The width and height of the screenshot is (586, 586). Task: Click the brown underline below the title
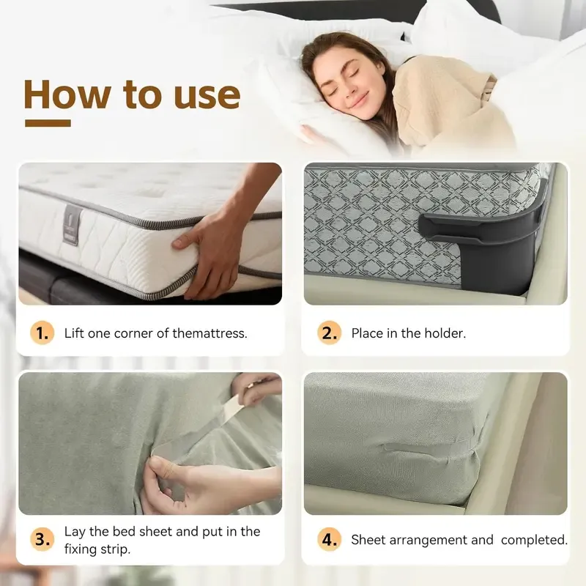tap(48, 123)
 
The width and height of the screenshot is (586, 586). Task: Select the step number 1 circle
tap(42, 333)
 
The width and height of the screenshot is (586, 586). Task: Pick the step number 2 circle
tap(329, 333)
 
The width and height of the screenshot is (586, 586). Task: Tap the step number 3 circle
tap(42, 540)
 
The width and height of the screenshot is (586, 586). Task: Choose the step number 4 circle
tap(329, 540)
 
